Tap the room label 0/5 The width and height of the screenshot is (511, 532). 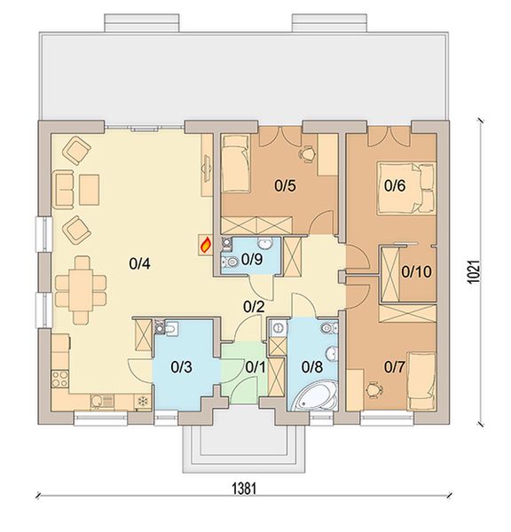point(284,186)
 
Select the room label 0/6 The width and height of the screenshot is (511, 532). point(395,186)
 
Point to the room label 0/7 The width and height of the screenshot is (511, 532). point(395,365)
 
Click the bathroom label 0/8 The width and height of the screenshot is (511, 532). point(312,365)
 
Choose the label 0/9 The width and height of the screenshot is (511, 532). point(252,261)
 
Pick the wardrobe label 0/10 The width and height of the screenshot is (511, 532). point(416,272)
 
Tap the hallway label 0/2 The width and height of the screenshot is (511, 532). point(255,308)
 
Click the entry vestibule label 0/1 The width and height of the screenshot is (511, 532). point(255,365)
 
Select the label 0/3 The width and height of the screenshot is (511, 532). point(182,365)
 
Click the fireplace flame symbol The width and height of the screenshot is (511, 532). point(205,243)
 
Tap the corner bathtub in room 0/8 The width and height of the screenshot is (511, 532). point(313,397)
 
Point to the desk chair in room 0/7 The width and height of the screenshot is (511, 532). point(373,387)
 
